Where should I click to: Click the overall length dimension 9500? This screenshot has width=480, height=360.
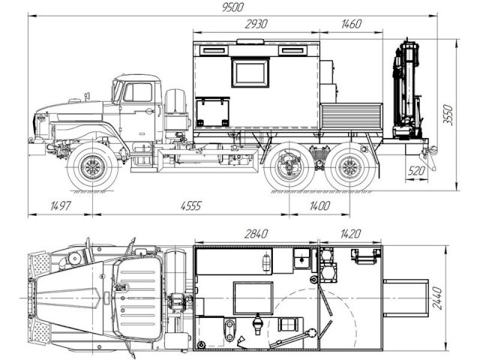[x=233, y=7]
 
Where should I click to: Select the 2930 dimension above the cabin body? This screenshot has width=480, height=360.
[x=256, y=24]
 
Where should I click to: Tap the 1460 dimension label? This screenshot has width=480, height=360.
[x=352, y=24]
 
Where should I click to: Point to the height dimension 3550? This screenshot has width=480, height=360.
[x=448, y=115]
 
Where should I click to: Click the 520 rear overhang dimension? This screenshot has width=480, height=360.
[x=416, y=171]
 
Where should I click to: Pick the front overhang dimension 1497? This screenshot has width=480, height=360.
[x=61, y=205]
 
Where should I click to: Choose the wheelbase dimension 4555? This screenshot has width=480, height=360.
[x=190, y=205]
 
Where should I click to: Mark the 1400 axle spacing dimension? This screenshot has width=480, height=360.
[x=319, y=205]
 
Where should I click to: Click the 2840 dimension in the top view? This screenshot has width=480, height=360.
[x=256, y=234]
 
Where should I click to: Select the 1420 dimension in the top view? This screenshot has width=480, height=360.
[x=350, y=234]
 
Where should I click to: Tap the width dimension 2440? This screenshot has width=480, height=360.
[x=438, y=298]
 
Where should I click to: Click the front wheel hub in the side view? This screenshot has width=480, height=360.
[x=92, y=166]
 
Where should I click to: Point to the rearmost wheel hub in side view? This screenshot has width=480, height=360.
[x=349, y=166]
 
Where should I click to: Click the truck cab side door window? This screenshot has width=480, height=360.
[x=138, y=92]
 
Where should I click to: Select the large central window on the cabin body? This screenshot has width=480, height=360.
[x=250, y=72]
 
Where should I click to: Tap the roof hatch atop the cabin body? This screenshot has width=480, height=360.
[x=250, y=42]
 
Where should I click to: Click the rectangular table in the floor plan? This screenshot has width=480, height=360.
[x=253, y=298]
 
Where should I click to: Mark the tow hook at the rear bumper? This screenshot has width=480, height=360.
[x=433, y=149]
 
